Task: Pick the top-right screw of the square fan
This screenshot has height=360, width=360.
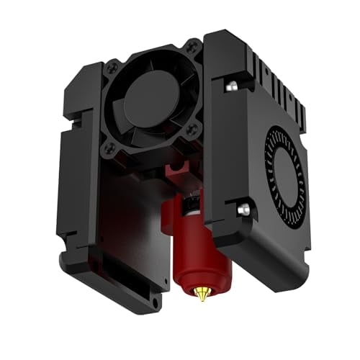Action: tap(192, 49)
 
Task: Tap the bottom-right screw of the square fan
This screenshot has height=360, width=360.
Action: tap(192, 130)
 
